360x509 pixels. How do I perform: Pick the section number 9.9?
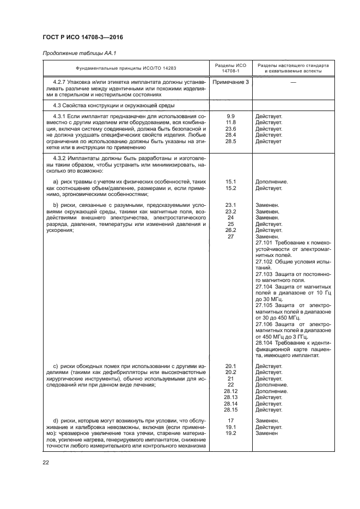pos(230,116)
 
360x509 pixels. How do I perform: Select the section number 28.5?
pos(230,141)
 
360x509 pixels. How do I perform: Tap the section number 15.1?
pos(230,181)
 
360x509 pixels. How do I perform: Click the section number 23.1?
pos(230,205)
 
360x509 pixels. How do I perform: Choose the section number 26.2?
pos(230,230)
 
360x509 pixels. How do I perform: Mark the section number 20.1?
pos(230,366)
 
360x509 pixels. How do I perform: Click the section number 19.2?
pos(230,433)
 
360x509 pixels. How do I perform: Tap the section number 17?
pos(230,421)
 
